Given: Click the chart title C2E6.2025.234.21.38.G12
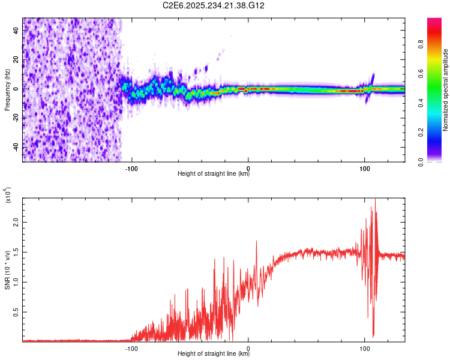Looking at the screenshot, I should (214, 5).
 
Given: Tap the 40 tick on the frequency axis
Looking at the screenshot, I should (16, 30).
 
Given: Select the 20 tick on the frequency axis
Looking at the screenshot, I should (16, 59).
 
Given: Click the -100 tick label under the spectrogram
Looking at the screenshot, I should (131, 168).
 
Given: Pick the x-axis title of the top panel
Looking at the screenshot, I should (214, 175).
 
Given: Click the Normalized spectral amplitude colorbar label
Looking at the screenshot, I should (446, 90).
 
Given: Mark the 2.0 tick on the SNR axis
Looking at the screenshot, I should (16, 221).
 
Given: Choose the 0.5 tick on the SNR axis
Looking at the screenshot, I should (16, 312).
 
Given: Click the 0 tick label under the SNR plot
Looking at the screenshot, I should (248, 347).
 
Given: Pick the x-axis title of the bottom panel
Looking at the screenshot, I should (214, 354).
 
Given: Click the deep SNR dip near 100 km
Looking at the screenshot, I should (373, 335).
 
